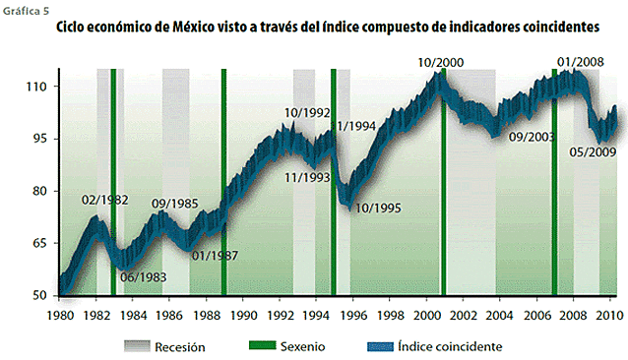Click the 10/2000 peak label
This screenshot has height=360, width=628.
(440, 63)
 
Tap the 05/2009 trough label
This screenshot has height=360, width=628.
(593, 151)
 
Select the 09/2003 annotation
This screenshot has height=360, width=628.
(533, 137)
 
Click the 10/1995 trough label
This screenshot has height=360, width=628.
(378, 208)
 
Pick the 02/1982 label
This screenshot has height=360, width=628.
(105, 200)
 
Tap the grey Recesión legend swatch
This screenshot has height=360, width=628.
(141, 345)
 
